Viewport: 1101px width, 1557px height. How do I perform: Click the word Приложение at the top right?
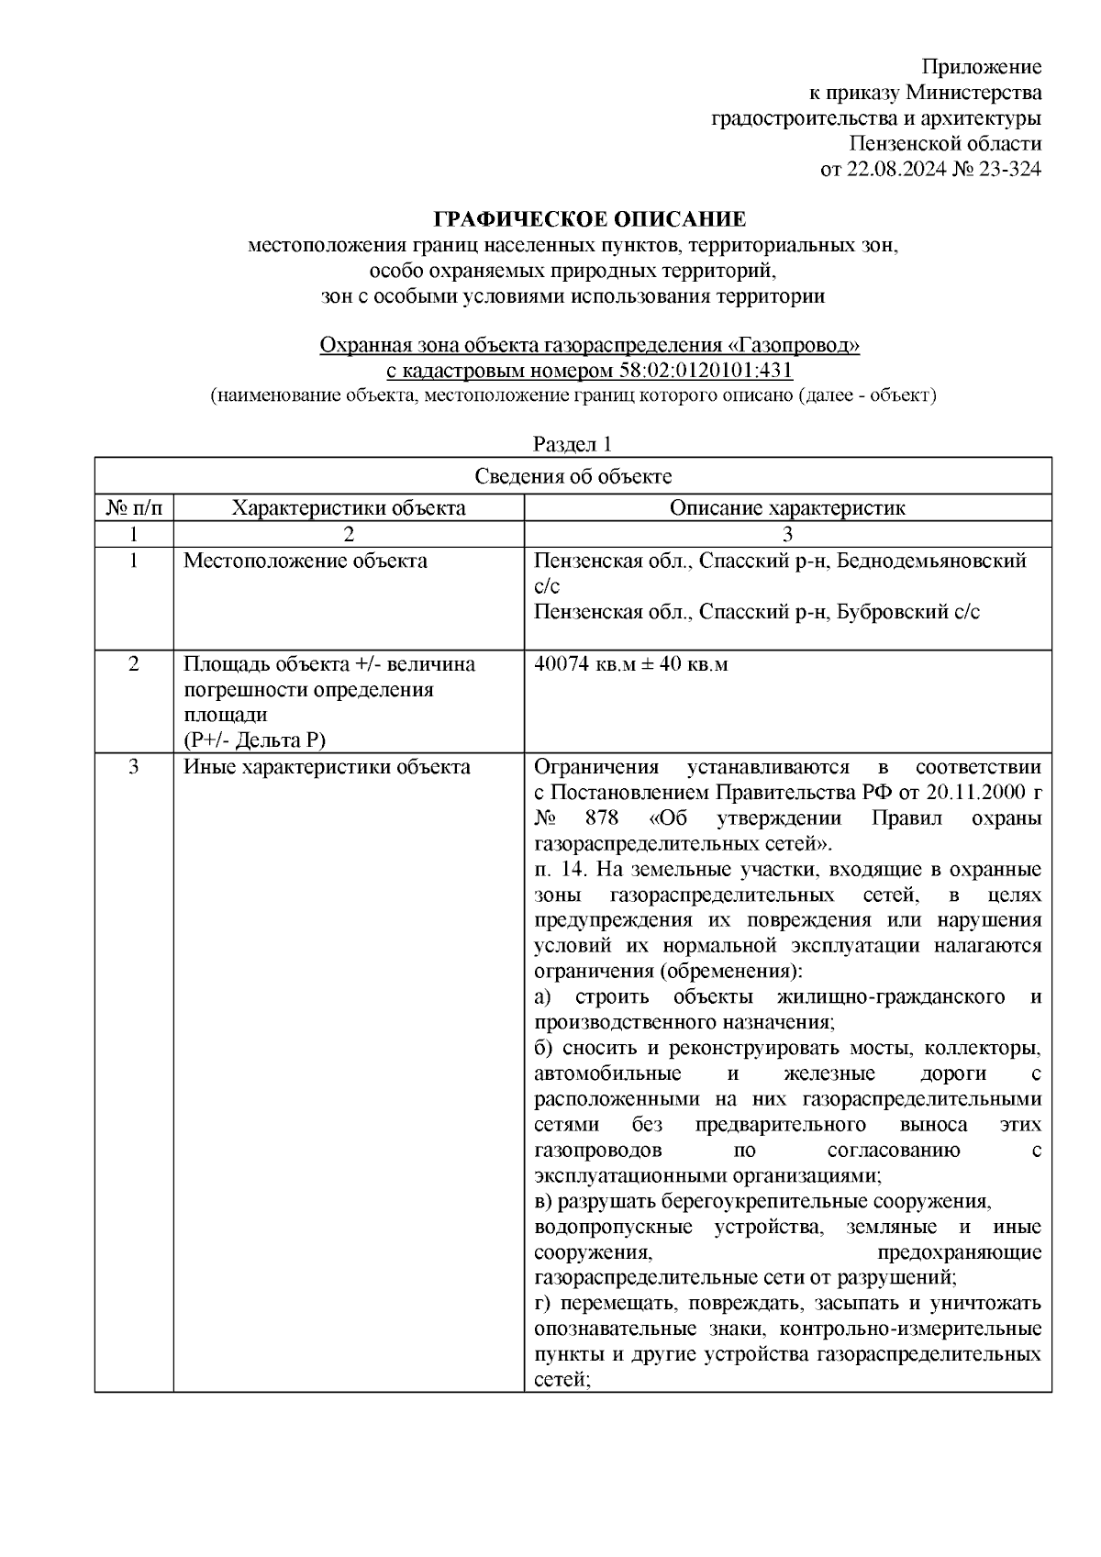coord(981,67)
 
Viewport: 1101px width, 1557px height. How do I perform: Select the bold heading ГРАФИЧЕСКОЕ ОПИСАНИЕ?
coord(589,219)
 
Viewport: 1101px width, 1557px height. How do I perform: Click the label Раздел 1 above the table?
coord(573,444)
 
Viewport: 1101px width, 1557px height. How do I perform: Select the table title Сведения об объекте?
coord(573,476)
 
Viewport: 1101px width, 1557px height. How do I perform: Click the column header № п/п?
coord(134,507)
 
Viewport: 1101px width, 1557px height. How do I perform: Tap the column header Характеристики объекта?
coord(348,507)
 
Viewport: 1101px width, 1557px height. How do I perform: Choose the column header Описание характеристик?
coord(786,507)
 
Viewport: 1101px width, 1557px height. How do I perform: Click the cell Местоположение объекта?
coord(305,561)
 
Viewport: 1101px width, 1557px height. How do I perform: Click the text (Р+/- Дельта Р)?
coord(254,740)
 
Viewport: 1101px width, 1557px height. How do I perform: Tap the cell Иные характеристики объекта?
coord(327,767)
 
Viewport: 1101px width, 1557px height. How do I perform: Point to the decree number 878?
coord(601,817)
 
